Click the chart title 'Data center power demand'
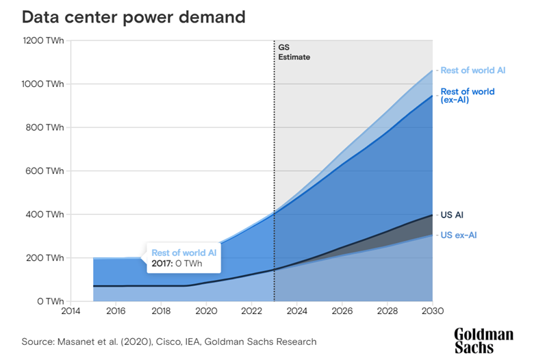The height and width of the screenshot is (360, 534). [133, 17]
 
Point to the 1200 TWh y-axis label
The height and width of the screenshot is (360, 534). [43, 40]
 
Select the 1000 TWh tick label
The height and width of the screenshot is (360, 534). [42, 83]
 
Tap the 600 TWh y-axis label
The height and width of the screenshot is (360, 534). [44, 170]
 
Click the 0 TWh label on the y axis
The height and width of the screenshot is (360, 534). [51, 301]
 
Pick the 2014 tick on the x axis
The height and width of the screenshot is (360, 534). [71, 311]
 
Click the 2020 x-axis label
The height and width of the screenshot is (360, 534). [206, 311]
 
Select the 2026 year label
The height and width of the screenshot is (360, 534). [342, 311]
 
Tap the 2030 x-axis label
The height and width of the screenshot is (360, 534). [433, 311]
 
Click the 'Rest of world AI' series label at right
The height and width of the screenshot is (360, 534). [473, 70]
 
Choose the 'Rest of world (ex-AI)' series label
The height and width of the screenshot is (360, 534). [468, 96]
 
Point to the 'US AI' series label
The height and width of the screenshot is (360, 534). [452, 215]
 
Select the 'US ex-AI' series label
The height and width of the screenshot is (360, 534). [459, 235]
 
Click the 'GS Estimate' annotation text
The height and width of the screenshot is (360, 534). [294, 52]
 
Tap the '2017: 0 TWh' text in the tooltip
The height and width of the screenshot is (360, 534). [177, 263]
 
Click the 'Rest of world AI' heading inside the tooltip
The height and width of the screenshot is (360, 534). [184, 253]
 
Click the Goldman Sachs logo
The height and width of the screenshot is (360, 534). [483, 341]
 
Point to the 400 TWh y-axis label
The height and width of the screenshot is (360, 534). [44, 214]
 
